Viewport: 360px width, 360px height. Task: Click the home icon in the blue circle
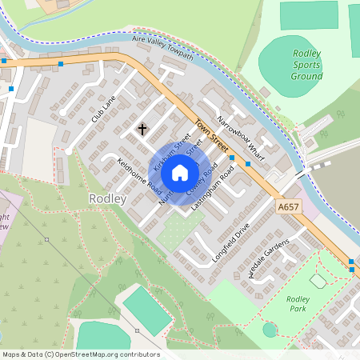coord(180,172)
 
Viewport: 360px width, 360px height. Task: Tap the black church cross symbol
coord(143,128)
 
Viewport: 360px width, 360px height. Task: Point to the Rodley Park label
coord(297,304)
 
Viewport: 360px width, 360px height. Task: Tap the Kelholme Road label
coord(140,178)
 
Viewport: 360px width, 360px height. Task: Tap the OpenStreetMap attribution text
coord(81,354)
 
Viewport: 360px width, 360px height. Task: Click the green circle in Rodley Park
coord(270,329)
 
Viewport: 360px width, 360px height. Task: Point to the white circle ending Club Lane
coord(70,150)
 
